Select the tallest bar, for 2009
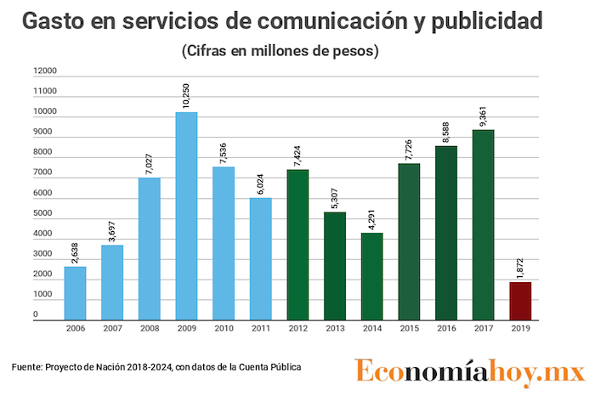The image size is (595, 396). point(186,217)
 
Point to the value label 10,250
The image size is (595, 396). point(187,94)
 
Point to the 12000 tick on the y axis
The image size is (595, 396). point(45,71)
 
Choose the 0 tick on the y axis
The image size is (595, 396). point(36,315)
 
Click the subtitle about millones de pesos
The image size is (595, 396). point(280,51)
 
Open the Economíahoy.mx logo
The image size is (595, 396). point(470,371)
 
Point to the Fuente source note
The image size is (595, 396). point(156,367)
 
